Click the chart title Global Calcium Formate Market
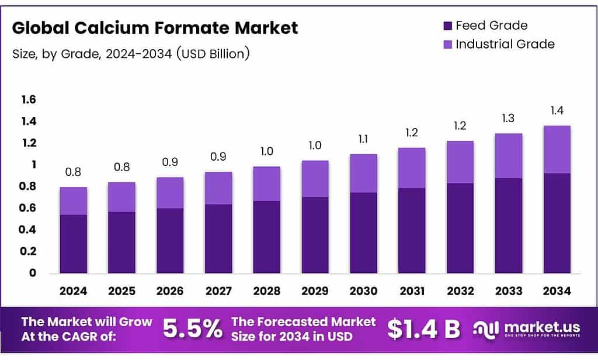click(155, 27)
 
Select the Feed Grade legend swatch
click(448, 26)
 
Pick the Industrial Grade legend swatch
click(448, 44)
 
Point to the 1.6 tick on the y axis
click(29, 100)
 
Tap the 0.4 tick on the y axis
click(29, 230)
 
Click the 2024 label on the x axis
click(73, 291)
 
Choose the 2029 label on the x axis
click(315, 291)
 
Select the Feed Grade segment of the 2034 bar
click(557, 223)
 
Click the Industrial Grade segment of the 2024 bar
click(73, 201)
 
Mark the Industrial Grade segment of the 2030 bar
click(363, 174)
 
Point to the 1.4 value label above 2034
click(557, 110)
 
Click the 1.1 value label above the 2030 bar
click(363, 140)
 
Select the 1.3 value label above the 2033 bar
click(508, 119)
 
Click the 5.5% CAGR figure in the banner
click(192, 329)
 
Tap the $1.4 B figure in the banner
click(424, 329)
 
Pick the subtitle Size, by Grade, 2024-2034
click(131, 54)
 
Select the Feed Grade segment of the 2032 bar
click(460, 228)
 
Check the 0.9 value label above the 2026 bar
click(170, 162)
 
